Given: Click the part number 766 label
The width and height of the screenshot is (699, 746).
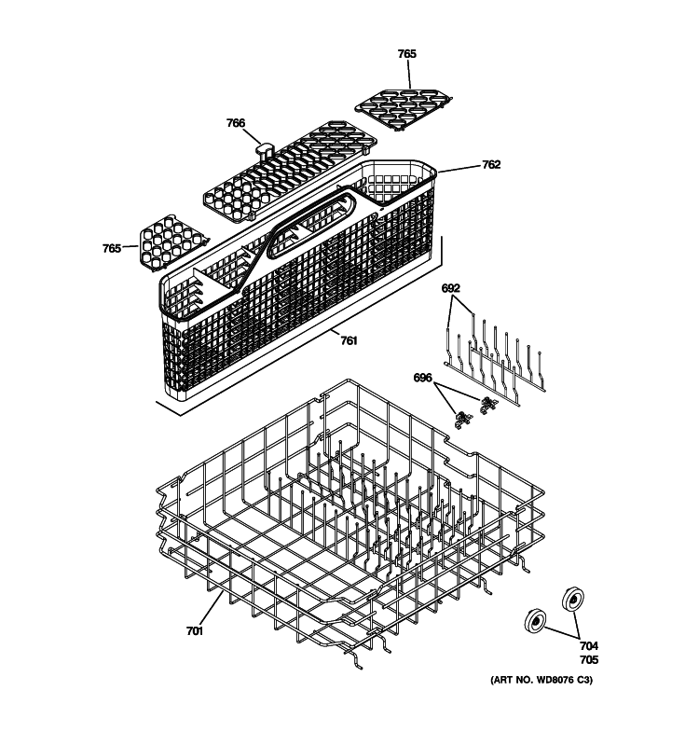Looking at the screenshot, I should click(x=236, y=123).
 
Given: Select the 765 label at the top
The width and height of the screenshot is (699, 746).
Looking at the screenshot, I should click(x=406, y=54).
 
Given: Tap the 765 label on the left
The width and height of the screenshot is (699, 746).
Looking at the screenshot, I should click(x=112, y=248).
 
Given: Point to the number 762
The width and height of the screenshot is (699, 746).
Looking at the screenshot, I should click(x=491, y=165).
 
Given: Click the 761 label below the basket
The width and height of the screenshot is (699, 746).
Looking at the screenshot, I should click(x=348, y=340).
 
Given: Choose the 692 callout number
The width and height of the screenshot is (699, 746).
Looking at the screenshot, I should click(x=451, y=289).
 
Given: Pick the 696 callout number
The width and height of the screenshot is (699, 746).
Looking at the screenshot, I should click(x=423, y=378).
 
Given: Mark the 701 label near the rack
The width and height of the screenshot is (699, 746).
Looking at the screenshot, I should click(x=194, y=631).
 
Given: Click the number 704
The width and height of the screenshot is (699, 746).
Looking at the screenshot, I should click(x=589, y=646).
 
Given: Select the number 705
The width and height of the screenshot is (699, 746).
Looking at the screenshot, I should click(x=589, y=659).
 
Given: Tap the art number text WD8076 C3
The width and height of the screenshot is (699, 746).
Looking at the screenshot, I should click(x=541, y=680).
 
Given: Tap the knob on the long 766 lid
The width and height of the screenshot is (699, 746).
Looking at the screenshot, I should click(x=264, y=146).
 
